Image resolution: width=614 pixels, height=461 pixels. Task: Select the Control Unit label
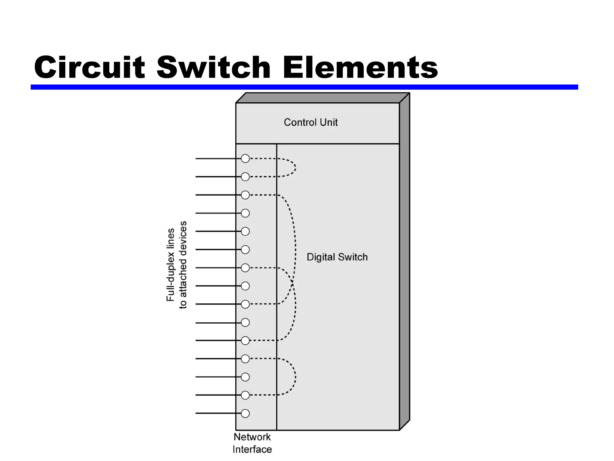pyautogui.click(x=311, y=122)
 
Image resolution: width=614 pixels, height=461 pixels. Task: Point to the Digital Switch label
pyautogui.click(x=337, y=257)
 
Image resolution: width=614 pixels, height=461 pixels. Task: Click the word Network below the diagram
pyautogui.click(x=252, y=437)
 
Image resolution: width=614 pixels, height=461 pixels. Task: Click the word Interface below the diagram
pyautogui.click(x=252, y=450)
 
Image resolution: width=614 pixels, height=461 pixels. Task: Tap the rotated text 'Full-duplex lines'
pyautogui.click(x=170, y=265)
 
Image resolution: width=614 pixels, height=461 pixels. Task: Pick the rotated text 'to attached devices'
pyautogui.click(x=183, y=265)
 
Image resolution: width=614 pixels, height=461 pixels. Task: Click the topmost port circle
pyautogui.click(x=245, y=158)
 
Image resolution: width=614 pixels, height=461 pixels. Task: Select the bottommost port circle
pyautogui.click(x=245, y=414)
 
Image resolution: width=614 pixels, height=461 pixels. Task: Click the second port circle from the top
pyautogui.click(x=245, y=177)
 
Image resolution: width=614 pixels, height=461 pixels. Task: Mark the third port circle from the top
pyautogui.click(x=245, y=195)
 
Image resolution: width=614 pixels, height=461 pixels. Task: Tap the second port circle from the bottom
pyautogui.click(x=245, y=395)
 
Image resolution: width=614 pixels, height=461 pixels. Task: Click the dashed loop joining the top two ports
pyautogui.click(x=296, y=167)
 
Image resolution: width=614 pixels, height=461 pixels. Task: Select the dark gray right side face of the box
pyautogui.click(x=404, y=261)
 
